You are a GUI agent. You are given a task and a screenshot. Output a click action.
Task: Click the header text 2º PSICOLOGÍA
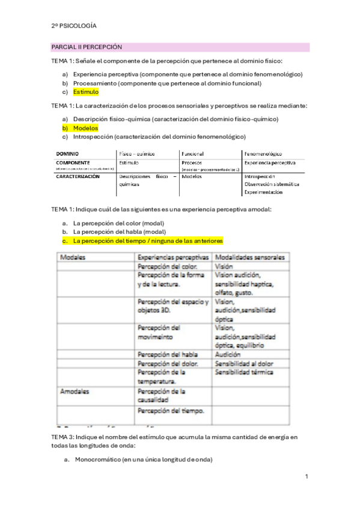point(74,26)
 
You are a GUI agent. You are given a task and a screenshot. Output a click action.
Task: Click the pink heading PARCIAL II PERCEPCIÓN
point(87,47)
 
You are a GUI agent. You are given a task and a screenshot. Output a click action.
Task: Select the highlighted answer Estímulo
point(86,92)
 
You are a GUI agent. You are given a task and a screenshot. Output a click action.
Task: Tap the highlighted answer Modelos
point(85,128)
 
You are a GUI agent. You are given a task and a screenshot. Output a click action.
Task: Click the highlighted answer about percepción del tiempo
point(148,241)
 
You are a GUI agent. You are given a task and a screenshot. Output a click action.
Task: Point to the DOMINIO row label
point(67,154)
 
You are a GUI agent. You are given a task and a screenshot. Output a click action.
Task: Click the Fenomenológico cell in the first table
point(263,154)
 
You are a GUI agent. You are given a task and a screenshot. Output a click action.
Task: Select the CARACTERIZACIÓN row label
point(78,177)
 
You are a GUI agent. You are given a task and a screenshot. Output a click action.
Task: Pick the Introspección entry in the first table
point(260,177)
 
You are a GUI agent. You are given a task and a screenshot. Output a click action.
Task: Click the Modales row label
point(72,257)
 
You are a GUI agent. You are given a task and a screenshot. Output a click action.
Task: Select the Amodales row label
point(75,391)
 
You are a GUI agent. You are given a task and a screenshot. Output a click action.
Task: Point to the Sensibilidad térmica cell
point(243,372)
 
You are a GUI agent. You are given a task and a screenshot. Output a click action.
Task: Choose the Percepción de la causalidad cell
point(162,395)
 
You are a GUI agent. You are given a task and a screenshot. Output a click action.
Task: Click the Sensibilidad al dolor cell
point(243,363)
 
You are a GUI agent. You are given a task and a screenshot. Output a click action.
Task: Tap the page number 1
point(307,477)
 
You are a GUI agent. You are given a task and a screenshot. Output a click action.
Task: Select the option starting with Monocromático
point(143,460)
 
